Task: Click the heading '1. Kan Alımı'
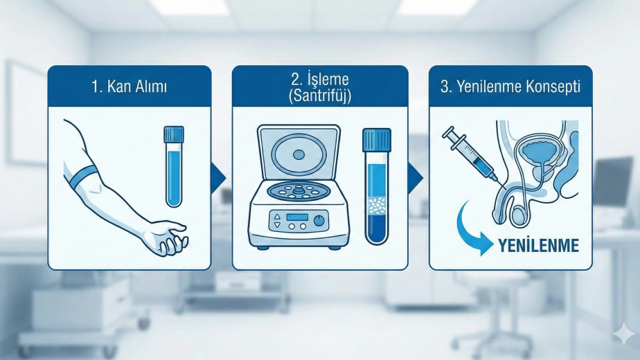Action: click(129, 87)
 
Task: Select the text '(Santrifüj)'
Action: click(320, 96)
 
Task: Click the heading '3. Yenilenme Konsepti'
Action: click(510, 87)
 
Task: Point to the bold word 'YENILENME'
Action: click(538, 246)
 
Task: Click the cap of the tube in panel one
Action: click(174, 134)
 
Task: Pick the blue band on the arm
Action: click(81, 177)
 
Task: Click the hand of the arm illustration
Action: click(168, 237)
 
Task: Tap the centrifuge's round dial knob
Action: click(319, 221)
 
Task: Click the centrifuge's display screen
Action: click(296, 217)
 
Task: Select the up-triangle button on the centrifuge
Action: click(277, 217)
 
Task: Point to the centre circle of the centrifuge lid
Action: click(299, 154)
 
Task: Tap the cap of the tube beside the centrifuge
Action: click(377, 140)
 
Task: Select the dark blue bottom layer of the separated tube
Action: click(377, 228)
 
